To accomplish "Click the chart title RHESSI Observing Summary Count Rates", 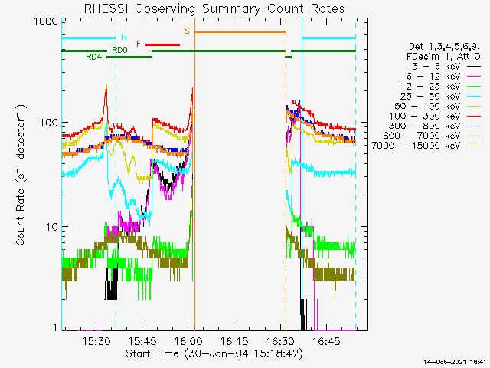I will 214,8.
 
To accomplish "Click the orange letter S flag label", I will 187,31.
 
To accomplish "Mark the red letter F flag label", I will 139,44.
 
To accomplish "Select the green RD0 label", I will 119,50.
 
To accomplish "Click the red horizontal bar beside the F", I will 162,44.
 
